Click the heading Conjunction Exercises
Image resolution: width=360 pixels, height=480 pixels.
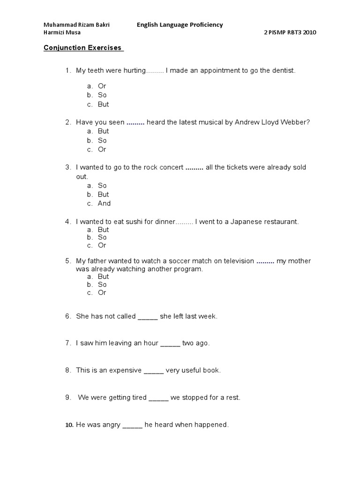82,48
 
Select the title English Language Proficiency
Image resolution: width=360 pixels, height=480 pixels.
180,25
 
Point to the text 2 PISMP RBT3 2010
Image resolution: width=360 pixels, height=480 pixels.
291,32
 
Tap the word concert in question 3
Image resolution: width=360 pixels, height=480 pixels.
171,167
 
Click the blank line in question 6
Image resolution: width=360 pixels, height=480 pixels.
148,317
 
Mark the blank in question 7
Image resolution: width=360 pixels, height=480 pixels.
170,344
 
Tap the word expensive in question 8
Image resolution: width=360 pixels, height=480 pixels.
125,370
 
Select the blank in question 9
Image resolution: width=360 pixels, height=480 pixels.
158,398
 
